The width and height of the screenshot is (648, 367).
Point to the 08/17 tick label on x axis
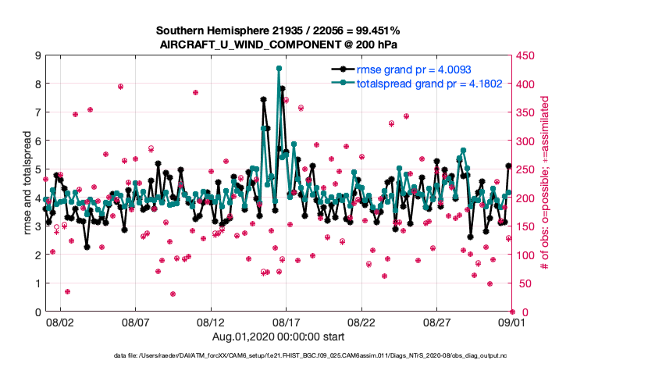(286, 322)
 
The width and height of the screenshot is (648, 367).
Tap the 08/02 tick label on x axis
(59, 322)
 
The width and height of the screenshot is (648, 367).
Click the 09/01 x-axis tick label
(511, 322)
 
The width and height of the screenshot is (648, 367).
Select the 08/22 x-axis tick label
(361, 322)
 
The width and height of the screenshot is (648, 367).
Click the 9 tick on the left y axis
(37, 55)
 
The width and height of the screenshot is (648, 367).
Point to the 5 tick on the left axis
(37, 169)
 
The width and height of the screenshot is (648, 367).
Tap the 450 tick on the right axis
(525, 55)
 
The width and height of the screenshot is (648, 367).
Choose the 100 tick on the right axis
(525, 255)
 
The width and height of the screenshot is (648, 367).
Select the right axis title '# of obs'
(545, 183)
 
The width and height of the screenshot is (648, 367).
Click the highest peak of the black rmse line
(264, 99)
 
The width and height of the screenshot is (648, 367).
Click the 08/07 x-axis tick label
(135, 322)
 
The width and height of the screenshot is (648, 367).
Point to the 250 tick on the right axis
(525, 169)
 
